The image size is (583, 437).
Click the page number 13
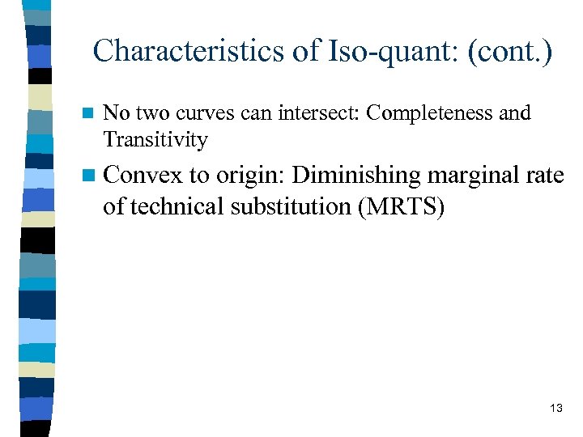[555, 409]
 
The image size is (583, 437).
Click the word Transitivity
[155, 140]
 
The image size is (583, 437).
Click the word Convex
[143, 175]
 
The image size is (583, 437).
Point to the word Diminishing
[358, 175]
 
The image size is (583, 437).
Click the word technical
[174, 206]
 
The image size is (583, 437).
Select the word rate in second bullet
[546, 176]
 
